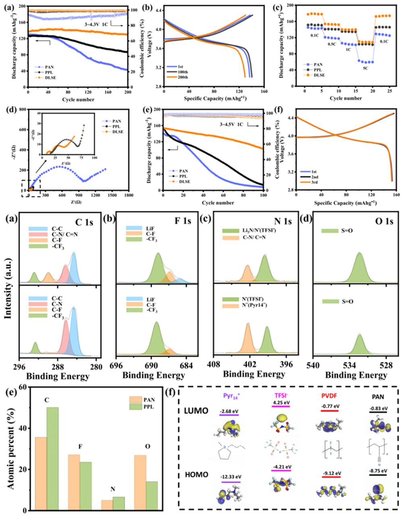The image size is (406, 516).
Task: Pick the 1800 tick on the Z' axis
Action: pyautogui.click(x=128, y=195)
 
